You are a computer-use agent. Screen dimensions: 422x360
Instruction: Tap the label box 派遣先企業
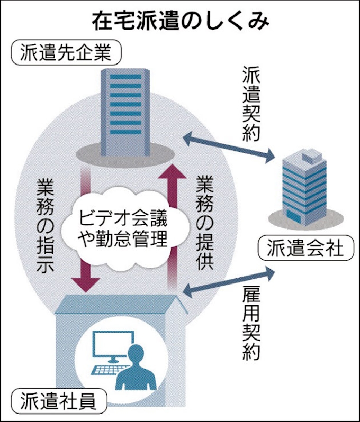[x=65, y=53]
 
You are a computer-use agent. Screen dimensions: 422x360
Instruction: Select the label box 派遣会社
[x=305, y=248]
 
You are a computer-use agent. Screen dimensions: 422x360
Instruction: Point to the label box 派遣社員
[x=58, y=401]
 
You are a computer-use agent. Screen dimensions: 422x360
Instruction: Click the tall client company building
[x=125, y=108]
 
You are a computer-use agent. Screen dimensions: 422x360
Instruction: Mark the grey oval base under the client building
[x=125, y=153]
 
